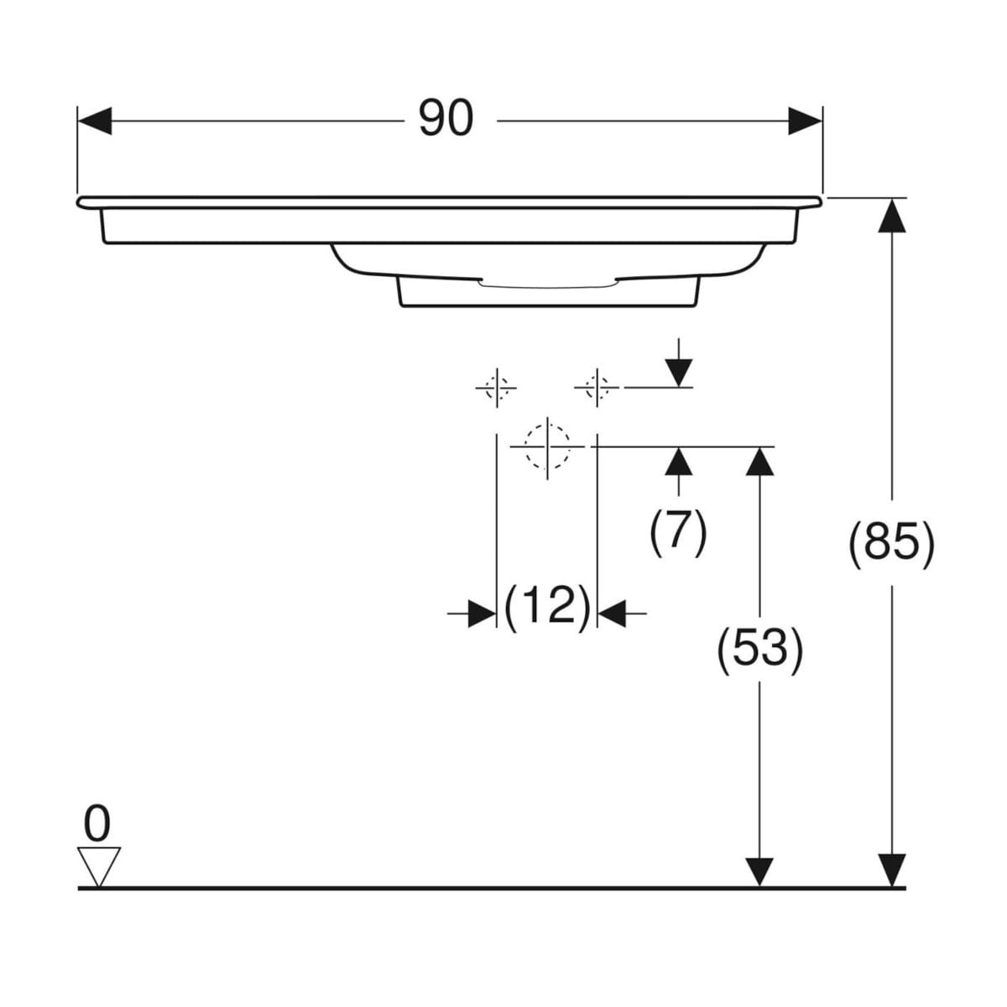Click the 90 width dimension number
coord(446,118)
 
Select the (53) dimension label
coord(759,650)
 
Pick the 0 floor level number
coord(97,824)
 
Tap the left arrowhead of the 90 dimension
coord(95,121)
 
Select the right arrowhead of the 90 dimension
coord(805,121)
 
